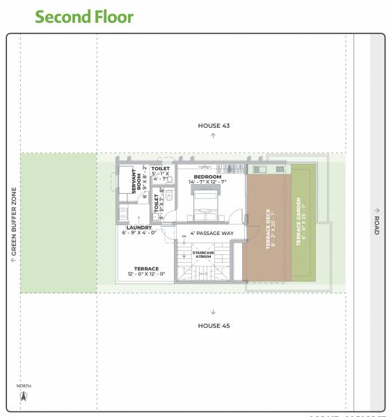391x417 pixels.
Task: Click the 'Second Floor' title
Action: coord(84,17)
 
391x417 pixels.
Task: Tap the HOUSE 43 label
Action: coord(214,126)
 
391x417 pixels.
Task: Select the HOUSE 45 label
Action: coord(214,325)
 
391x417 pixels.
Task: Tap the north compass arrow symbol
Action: coord(24,397)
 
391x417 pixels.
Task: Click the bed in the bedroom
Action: coord(207,202)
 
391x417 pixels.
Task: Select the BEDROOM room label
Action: coord(207,177)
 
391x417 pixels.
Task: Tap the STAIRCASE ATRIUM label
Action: coord(202,254)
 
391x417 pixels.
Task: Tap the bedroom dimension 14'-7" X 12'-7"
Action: coord(207,183)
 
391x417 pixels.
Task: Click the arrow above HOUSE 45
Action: coord(214,312)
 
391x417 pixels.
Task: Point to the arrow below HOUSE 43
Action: coord(214,136)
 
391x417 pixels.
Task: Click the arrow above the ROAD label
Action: coord(376,210)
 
